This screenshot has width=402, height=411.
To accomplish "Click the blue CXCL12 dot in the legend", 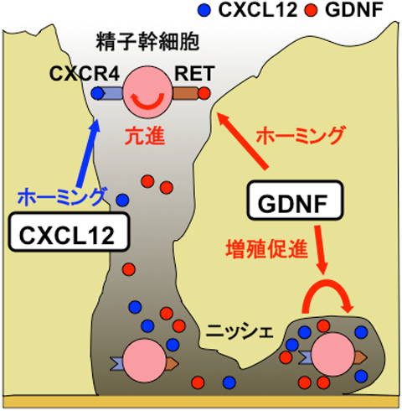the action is tap(204, 10).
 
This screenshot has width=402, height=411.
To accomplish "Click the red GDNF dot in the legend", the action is tap(312, 10).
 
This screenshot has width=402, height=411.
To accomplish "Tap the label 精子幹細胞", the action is tap(147, 42).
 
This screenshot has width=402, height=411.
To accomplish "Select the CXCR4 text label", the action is tap(85, 74).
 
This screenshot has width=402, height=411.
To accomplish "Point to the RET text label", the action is tap(194, 74).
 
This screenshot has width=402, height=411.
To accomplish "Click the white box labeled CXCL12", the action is tap(69, 232).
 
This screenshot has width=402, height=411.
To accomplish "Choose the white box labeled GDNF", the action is tap(295, 200).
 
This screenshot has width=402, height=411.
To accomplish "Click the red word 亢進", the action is tap(144, 137).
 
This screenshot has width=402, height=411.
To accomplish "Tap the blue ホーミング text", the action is tap(62, 197).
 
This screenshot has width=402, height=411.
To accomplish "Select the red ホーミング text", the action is tap(301, 135).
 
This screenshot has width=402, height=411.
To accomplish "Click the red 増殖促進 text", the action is tap(267, 248).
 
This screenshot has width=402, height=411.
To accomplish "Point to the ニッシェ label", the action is tap(240, 332).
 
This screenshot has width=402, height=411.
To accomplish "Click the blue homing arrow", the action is tap(88, 153).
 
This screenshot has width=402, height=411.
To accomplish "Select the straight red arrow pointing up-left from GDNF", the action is tap(242, 141).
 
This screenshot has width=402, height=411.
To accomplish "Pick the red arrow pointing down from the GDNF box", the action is tap(321, 250).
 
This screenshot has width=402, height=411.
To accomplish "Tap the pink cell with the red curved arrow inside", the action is tap(147, 92).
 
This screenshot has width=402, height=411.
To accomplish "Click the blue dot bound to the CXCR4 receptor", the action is tap(98, 93).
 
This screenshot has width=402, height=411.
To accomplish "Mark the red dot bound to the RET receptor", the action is tap(204, 93).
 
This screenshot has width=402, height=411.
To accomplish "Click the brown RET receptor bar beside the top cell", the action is tap(185, 93).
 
